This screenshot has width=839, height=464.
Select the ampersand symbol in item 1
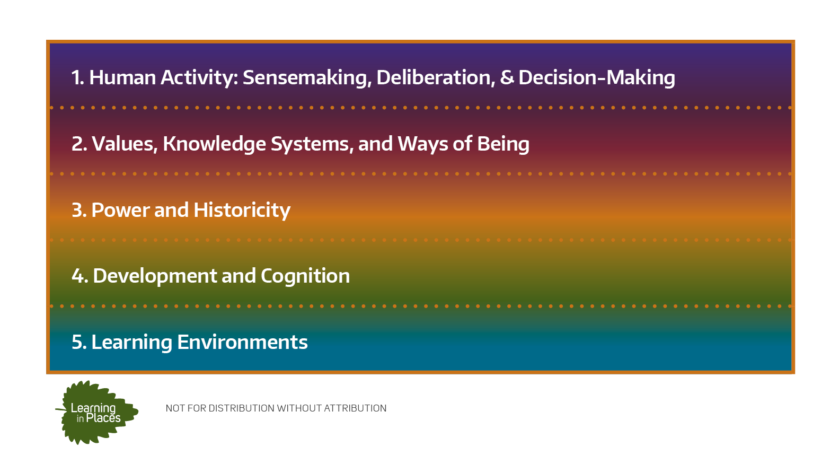pos(507,77)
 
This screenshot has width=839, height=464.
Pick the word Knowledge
pos(214,144)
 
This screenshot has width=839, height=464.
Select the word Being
pos(503,144)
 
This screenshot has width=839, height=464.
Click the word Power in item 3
pos(120,210)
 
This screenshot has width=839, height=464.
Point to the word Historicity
pos(242,211)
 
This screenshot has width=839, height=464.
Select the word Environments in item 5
pos(242,342)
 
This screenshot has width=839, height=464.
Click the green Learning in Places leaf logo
pos(96,412)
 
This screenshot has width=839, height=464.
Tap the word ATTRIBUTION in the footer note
pos(355,408)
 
